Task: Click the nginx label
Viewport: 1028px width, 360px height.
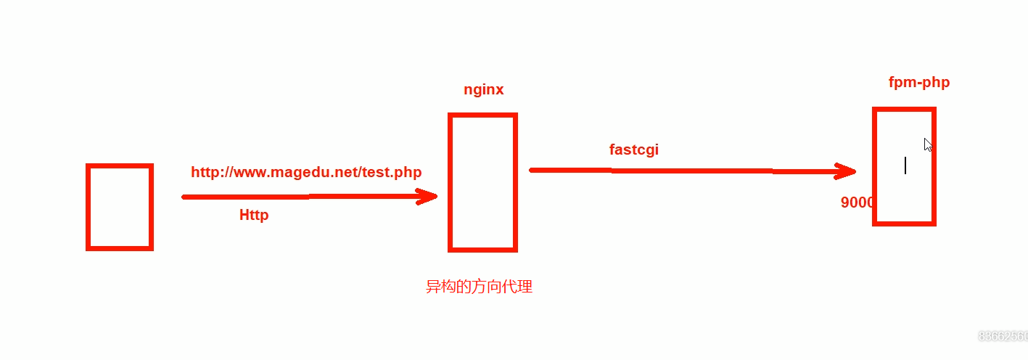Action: pos(484,90)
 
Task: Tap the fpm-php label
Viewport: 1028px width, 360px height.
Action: pos(918,82)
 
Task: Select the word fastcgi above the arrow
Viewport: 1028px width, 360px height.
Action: pos(634,150)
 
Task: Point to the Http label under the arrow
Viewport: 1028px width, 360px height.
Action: pos(254,215)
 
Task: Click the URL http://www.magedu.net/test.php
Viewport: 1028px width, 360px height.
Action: pos(306,172)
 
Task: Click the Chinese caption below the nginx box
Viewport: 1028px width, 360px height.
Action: pos(479,287)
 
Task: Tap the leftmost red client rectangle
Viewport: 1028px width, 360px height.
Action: pos(120,207)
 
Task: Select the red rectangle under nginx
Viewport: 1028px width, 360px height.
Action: pos(482,182)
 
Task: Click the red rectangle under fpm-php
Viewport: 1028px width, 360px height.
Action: pos(904,166)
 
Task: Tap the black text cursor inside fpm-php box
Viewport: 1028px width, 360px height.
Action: pos(905,165)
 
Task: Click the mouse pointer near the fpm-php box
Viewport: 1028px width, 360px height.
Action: pos(927,144)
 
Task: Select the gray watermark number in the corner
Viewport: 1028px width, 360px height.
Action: pos(1003,336)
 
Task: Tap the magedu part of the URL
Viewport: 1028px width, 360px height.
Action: pos(295,172)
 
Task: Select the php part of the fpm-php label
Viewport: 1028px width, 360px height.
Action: pos(936,82)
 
